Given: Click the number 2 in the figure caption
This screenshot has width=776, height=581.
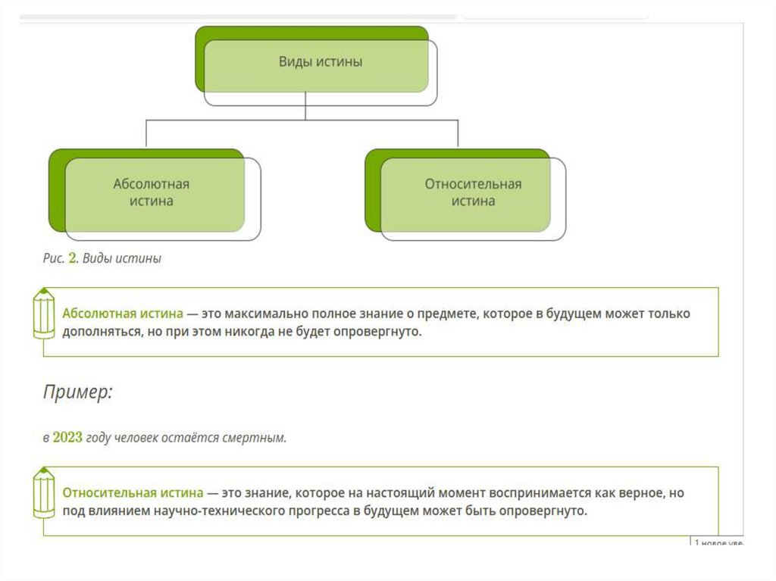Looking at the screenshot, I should click(x=73, y=258).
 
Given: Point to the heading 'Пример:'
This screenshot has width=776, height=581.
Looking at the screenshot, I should click(x=77, y=392).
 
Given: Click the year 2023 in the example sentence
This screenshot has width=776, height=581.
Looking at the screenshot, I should click(x=67, y=438).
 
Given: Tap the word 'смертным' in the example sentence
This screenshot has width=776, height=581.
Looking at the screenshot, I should click(x=261, y=438).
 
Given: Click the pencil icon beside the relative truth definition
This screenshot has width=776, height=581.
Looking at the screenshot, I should click(x=44, y=493).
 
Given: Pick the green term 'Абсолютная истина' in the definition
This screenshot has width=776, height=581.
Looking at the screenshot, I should click(x=123, y=313).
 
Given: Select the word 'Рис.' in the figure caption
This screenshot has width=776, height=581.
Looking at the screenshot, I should click(x=53, y=258).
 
